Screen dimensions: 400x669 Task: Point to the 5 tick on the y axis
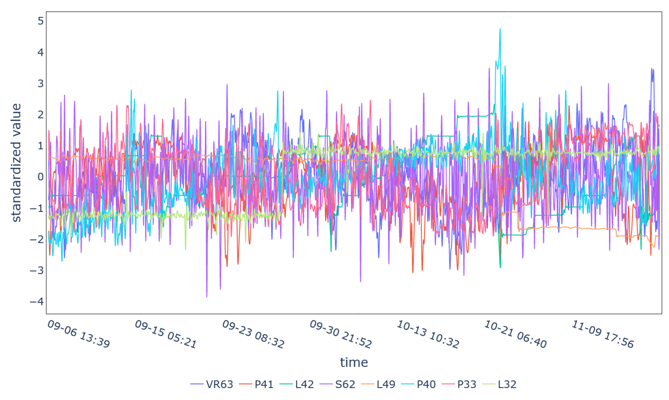point(41,21)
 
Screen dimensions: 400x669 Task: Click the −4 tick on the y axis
point(37,302)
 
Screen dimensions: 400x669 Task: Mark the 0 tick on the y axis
point(41,177)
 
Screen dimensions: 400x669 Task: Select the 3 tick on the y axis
point(41,83)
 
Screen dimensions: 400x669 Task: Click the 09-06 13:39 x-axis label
point(79,334)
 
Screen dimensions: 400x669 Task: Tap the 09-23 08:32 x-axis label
point(253,334)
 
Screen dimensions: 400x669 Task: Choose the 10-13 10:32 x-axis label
point(428,334)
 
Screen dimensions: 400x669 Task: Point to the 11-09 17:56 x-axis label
point(602,334)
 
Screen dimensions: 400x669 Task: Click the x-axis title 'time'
point(354,363)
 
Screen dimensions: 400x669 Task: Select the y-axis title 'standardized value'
point(16,163)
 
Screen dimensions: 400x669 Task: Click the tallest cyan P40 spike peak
point(500,29)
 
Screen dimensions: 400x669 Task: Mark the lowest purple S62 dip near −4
point(207,297)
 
